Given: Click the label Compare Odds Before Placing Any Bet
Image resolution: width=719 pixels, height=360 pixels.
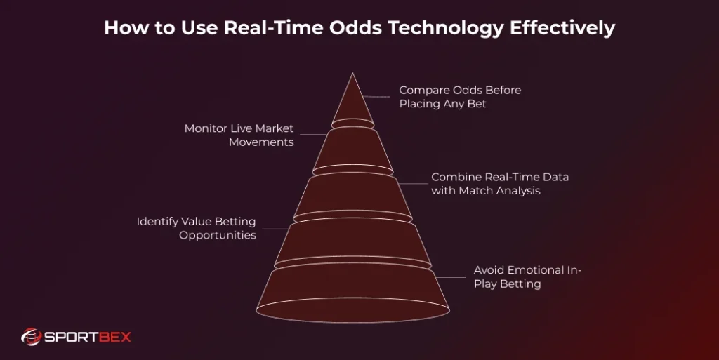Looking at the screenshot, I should click(460, 98).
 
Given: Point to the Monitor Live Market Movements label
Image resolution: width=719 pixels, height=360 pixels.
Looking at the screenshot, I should click(239, 135).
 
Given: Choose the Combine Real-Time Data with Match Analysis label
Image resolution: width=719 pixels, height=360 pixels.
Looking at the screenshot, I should click(500, 184).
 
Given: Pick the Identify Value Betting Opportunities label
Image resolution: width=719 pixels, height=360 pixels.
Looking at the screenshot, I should click(196, 229).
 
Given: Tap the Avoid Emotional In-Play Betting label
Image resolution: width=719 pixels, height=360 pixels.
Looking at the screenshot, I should click(528, 277).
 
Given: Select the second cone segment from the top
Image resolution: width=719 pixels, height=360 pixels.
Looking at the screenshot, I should click(353, 149).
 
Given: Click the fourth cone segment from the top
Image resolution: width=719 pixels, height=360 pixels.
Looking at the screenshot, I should click(353, 242).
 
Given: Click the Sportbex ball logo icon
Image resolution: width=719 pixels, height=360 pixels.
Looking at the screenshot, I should click(32, 338).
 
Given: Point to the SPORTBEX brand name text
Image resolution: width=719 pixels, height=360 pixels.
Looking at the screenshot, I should click(88, 338).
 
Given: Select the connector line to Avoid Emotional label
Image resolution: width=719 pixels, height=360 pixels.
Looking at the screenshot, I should click(453, 277).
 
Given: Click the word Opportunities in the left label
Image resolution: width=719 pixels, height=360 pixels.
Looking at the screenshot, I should click(218, 236).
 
